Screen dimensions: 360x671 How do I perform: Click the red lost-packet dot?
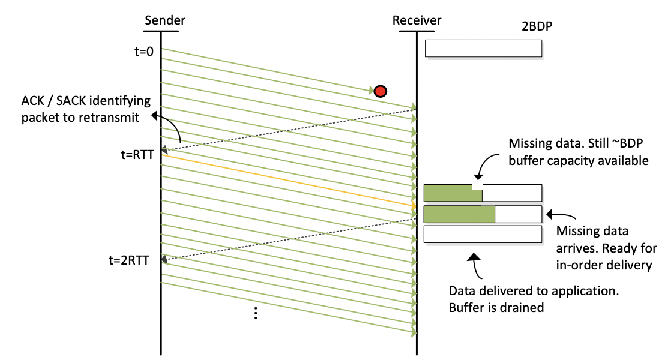coord(380,91)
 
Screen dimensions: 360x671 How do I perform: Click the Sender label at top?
coord(165,20)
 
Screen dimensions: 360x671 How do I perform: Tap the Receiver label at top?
coord(417,20)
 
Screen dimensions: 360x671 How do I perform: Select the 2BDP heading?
coord(538,28)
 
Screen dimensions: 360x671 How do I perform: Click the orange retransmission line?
coord(288,181)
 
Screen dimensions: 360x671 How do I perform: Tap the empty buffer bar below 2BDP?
coord(483,49)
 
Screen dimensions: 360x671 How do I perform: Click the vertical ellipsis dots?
coord(256,313)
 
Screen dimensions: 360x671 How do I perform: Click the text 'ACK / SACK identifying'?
coord(86,100)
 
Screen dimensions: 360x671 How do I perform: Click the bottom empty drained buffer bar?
coord(483,235)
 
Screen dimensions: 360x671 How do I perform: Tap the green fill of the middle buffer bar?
coord(460,214)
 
